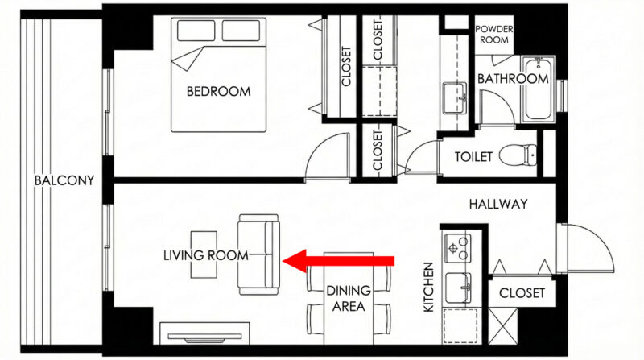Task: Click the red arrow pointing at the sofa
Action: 338,261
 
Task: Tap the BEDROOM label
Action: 218,91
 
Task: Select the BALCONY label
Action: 64,180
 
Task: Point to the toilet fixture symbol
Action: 518,155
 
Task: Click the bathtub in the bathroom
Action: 539,89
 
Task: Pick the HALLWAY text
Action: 498,205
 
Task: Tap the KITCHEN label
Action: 428,288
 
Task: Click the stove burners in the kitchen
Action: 457,248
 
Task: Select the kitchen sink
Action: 458,288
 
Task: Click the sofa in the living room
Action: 258,254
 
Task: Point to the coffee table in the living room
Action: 204,254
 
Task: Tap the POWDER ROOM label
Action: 494,35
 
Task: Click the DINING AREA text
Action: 349,299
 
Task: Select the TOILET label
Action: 473,156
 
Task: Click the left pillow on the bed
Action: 196,31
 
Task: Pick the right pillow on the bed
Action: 241,31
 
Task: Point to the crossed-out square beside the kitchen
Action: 502,325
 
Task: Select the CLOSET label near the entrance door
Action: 522,293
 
